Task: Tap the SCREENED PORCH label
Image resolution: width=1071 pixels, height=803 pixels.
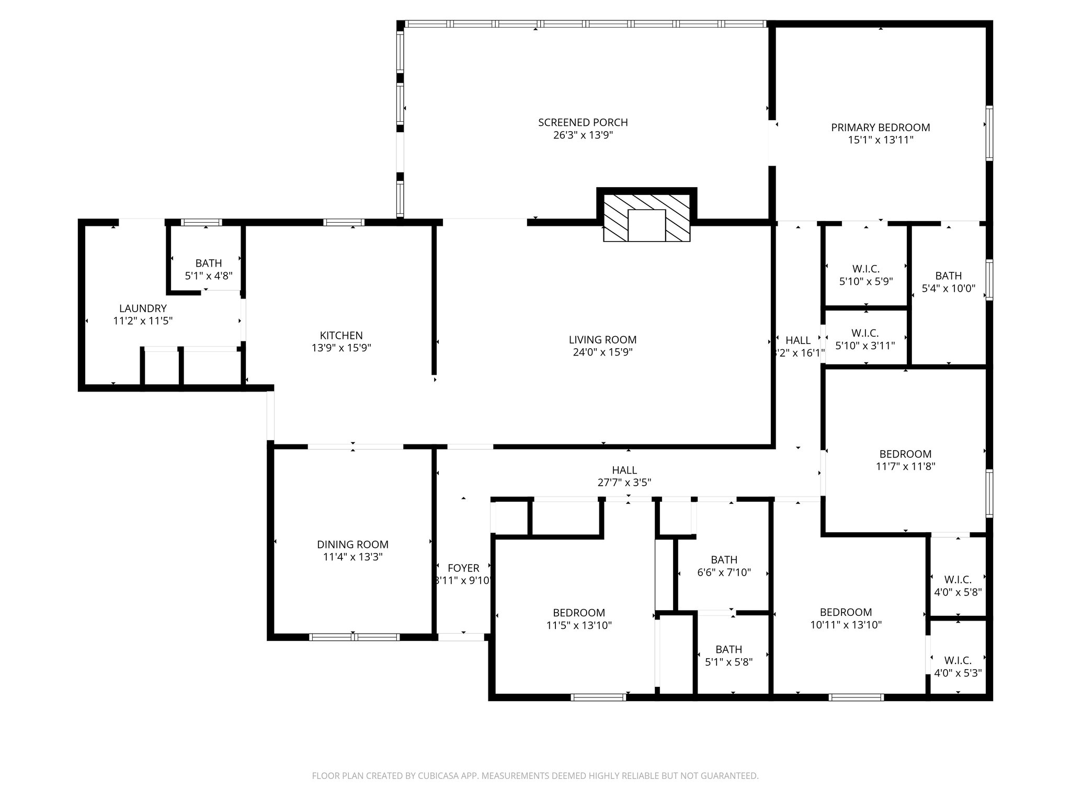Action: pyautogui.click(x=583, y=122)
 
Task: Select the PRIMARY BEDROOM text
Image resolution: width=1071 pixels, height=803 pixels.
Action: pyautogui.click(x=880, y=128)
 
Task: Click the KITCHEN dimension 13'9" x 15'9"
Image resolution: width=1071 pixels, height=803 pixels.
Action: pyautogui.click(x=341, y=348)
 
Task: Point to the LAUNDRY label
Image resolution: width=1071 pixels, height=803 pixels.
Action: pyautogui.click(x=143, y=308)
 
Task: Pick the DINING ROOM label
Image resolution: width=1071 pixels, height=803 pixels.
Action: pyautogui.click(x=352, y=545)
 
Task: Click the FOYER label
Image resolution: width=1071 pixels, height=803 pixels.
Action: pyautogui.click(x=463, y=568)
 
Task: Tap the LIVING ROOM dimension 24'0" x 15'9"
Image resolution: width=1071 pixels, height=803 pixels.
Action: pyautogui.click(x=602, y=352)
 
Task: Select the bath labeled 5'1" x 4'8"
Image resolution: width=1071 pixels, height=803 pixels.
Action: pyautogui.click(x=209, y=269)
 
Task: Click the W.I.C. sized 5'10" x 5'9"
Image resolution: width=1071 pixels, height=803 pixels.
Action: pyautogui.click(x=865, y=275)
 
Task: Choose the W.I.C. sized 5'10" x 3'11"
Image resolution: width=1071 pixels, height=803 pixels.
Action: pyautogui.click(x=865, y=339)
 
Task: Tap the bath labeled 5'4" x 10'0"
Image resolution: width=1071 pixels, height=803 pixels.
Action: pyautogui.click(x=948, y=282)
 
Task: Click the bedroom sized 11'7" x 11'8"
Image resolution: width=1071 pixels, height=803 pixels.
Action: pyautogui.click(x=905, y=460)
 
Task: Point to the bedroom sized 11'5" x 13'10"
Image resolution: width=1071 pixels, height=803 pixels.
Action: pyautogui.click(x=579, y=618)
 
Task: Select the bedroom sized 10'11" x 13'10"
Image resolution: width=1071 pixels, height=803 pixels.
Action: pyautogui.click(x=846, y=618)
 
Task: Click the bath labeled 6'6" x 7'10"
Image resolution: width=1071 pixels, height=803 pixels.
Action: pyautogui.click(x=724, y=566)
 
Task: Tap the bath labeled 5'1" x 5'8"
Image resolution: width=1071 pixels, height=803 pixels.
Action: pyautogui.click(x=728, y=656)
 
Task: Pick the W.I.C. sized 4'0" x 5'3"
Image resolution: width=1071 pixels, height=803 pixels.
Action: pyautogui.click(x=958, y=667)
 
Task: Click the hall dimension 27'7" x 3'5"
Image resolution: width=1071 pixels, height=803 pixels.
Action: pyautogui.click(x=624, y=483)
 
